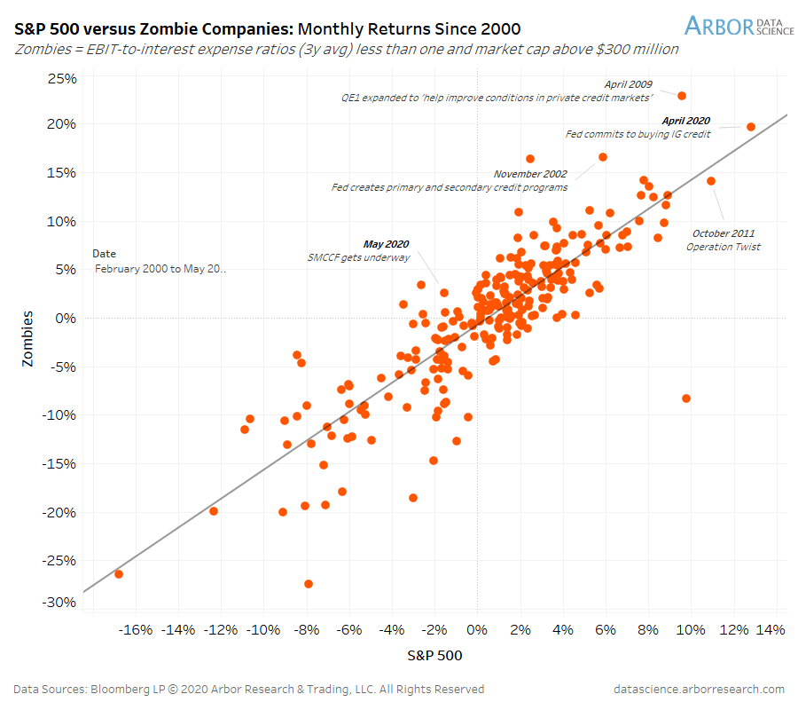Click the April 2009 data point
(682, 96)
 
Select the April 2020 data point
(751, 127)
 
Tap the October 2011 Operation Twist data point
(711, 181)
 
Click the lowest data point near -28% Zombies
(309, 584)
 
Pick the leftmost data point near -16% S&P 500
(119, 574)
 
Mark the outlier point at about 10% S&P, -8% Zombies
(686, 398)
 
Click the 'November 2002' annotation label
(530, 174)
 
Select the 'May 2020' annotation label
(387, 244)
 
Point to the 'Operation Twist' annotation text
(724, 247)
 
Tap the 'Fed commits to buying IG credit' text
(638, 134)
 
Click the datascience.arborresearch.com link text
(699, 689)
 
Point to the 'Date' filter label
(104, 254)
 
